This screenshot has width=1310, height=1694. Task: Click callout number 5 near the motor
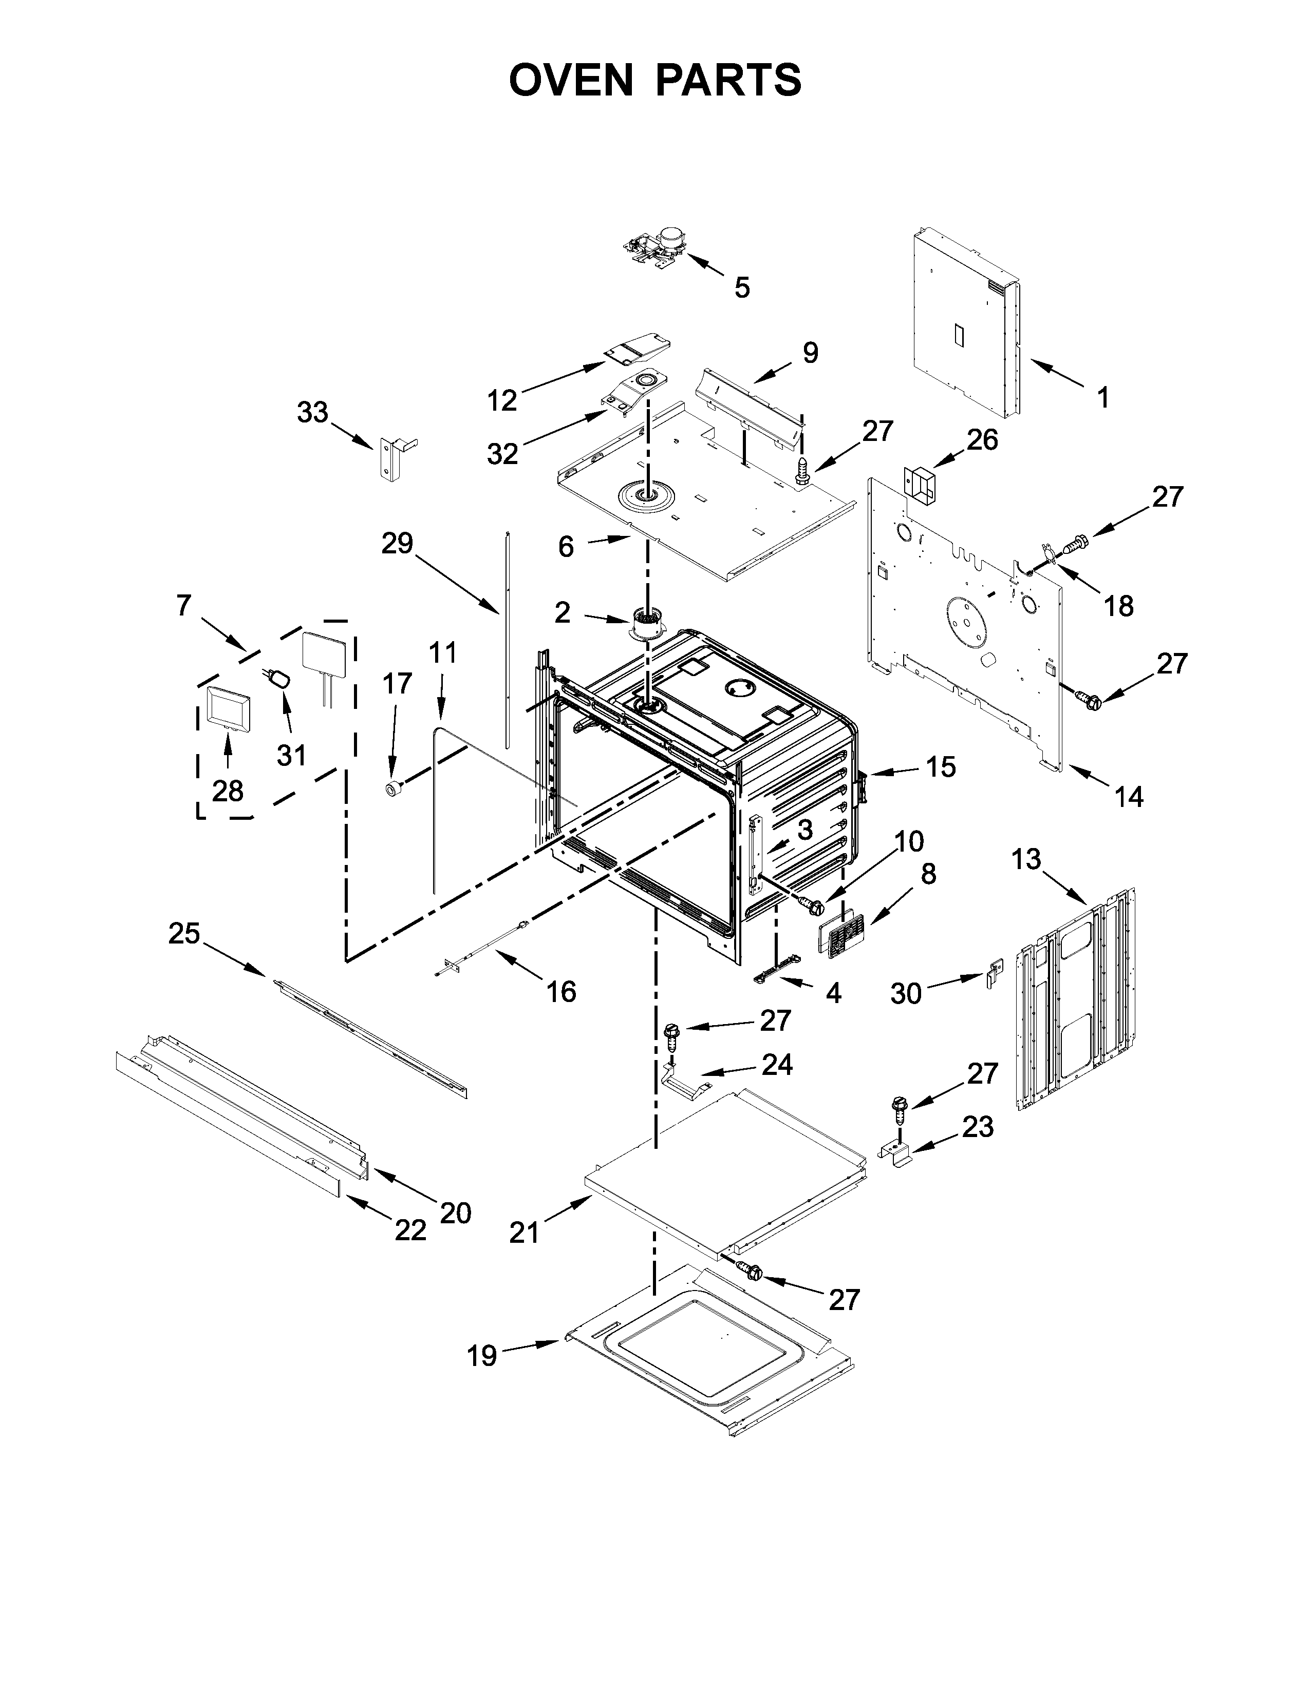pos(742,288)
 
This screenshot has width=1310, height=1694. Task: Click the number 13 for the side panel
pos(1026,859)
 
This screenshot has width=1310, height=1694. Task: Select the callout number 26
pos(982,440)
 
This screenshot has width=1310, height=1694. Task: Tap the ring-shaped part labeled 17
pos(392,790)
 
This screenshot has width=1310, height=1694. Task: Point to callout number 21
pos(524,1231)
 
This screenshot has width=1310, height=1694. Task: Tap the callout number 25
pos(185,933)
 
